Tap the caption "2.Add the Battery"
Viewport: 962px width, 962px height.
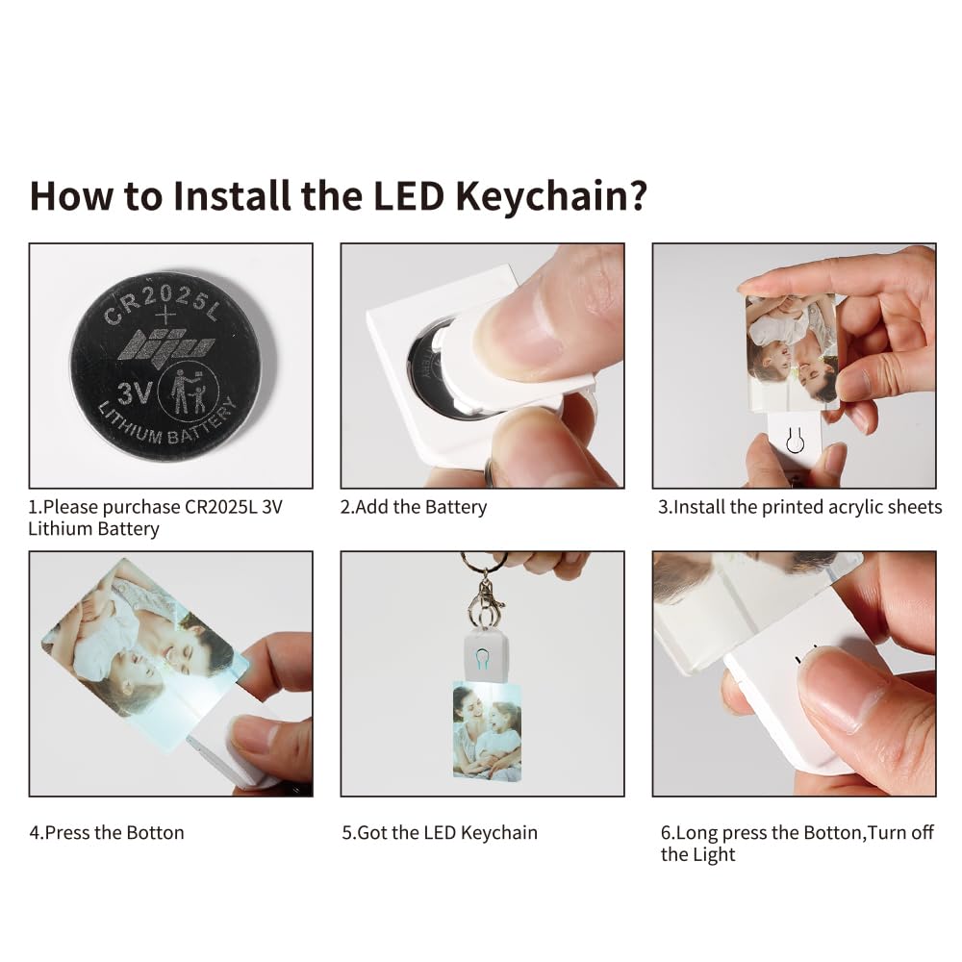coord(414,507)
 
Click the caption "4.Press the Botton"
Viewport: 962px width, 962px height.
coord(107,832)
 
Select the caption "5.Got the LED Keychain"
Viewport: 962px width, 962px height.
coord(440,832)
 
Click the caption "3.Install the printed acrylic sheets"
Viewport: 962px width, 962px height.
coord(799,507)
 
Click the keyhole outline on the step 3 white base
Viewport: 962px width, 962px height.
coord(795,441)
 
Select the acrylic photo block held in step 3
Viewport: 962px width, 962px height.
coord(791,351)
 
